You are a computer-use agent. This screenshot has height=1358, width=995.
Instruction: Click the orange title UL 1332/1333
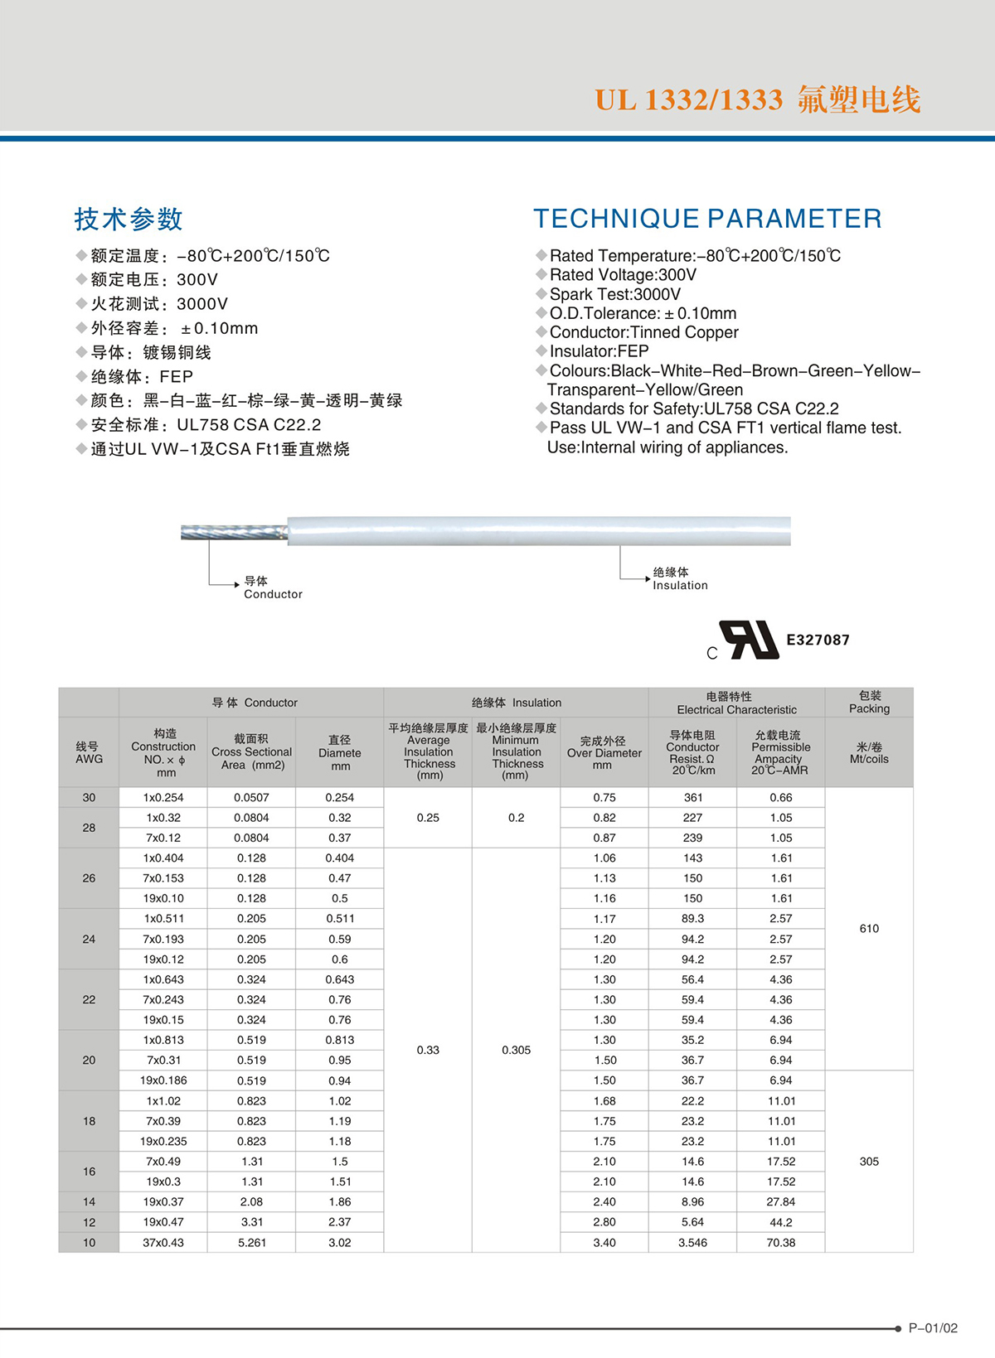click(688, 100)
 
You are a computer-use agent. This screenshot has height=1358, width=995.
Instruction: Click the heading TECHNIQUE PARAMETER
click(707, 219)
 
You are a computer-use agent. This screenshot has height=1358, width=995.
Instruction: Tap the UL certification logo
click(750, 640)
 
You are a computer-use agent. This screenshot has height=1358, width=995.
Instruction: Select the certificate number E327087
click(818, 640)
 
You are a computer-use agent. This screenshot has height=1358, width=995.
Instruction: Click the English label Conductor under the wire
click(273, 594)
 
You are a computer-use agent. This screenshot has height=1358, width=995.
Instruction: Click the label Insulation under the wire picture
click(680, 585)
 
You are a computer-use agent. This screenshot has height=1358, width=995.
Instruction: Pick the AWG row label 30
click(89, 797)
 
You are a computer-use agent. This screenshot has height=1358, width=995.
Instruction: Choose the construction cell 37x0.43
click(163, 1242)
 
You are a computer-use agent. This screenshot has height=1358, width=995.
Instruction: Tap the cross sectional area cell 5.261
click(251, 1242)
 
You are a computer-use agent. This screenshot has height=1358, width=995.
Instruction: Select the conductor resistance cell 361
click(693, 797)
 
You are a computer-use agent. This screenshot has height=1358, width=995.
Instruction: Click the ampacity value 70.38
click(781, 1242)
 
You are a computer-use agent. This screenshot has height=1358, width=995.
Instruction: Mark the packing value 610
click(869, 928)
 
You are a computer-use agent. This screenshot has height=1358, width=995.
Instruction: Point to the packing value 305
click(869, 1161)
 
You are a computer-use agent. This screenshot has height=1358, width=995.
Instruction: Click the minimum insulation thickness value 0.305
click(516, 1050)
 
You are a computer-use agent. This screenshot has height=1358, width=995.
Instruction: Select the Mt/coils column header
click(869, 752)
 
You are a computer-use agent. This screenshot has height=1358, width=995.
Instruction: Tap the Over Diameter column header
click(604, 752)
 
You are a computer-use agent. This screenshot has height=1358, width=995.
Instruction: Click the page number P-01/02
click(933, 1328)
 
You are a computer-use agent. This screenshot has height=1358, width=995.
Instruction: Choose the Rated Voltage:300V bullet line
click(623, 275)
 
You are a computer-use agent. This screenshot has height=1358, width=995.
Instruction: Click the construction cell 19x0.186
click(163, 1080)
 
